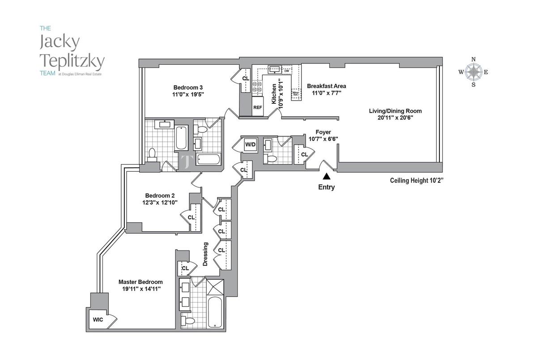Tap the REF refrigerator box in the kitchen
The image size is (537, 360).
tap(257, 107)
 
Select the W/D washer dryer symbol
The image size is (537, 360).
tap(250, 144)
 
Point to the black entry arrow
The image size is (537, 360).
tap(327, 177)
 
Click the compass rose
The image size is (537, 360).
tap(473, 72)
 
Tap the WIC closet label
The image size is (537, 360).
tap(98, 320)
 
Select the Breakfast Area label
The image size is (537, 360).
tap(326, 86)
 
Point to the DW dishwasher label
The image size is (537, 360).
tap(287, 70)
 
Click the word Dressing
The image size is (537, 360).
tap(206, 254)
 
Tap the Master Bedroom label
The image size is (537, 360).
tap(141, 282)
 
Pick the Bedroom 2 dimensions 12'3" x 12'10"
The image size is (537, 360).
tap(159, 202)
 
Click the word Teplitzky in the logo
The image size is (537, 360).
tap(72, 59)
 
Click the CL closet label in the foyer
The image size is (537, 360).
tap(304, 155)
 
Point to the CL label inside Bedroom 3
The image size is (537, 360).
tap(245, 79)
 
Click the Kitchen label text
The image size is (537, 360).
tap(274, 92)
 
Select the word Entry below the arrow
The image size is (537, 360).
tap(326, 187)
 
